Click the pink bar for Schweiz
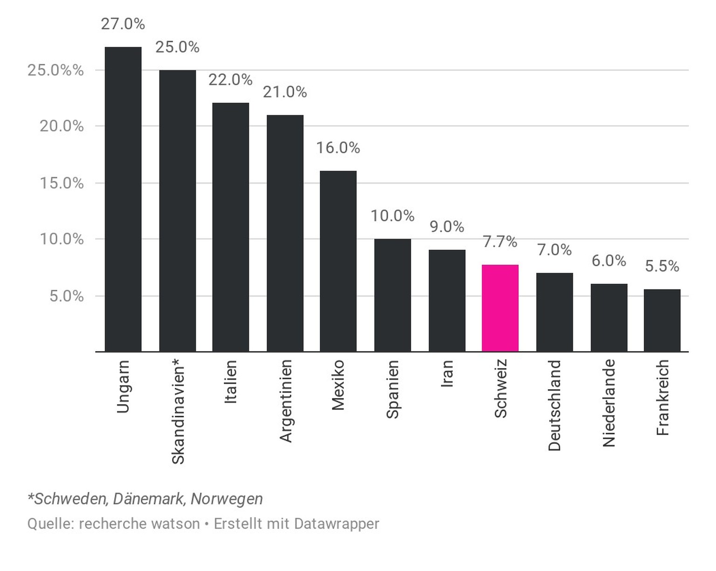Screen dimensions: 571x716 pos(500,308)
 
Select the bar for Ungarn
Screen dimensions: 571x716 pos(123,200)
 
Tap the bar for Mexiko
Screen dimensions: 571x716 pos(338,261)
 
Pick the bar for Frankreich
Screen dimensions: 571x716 pos(662,320)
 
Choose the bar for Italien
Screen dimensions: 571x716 pos(231,227)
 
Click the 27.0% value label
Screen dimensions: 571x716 pos(123,24)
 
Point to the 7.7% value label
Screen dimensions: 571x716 pos(500,241)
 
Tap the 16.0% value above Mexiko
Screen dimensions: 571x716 pos(338,148)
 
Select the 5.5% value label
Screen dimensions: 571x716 pos(662,266)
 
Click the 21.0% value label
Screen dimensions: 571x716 pos(285,92)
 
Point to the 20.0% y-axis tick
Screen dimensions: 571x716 pos(62,126)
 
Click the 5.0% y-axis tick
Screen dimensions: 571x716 pos(67,296)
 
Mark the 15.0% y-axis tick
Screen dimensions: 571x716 pos(62,183)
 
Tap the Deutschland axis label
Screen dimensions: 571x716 pos(554,405)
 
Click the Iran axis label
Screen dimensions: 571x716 pos(447,374)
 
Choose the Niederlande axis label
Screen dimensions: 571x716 pos(609,403)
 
